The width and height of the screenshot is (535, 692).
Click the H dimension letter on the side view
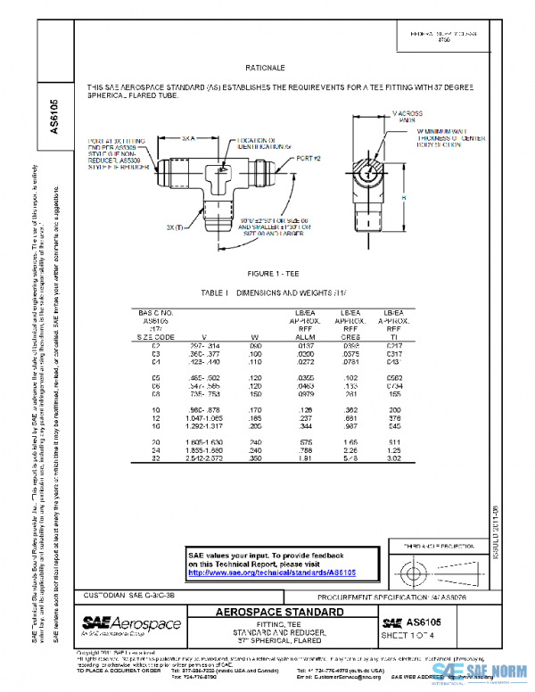click(403, 197)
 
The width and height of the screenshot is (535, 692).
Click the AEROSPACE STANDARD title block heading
click(280, 613)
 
